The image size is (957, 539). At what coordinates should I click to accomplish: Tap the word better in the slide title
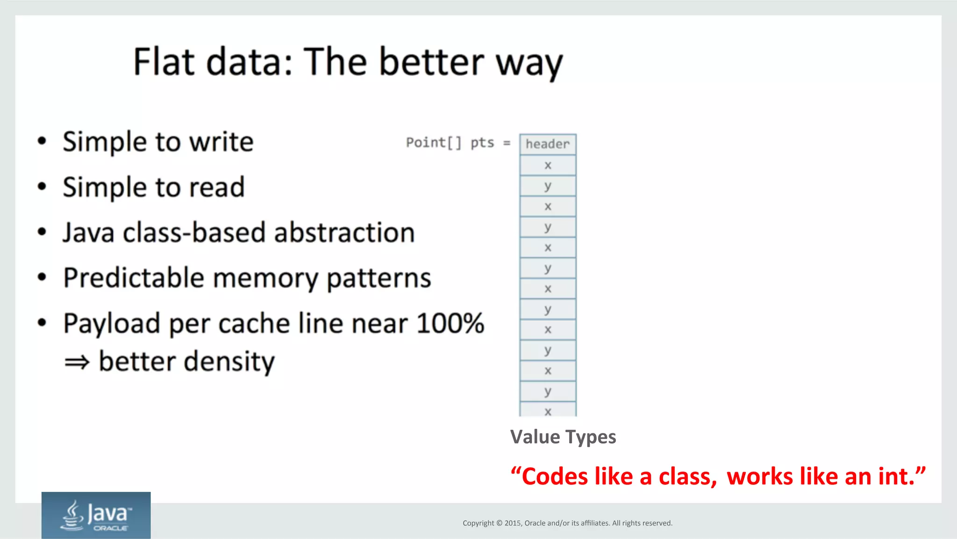tap(431, 62)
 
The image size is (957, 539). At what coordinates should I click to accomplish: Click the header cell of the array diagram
tap(548, 144)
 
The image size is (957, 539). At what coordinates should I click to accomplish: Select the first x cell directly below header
tap(548, 165)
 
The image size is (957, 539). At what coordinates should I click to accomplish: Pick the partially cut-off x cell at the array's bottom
tap(548, 411)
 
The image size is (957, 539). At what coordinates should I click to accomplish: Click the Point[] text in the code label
tap(433, 143)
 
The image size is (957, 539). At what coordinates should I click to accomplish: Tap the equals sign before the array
tap(507, 143)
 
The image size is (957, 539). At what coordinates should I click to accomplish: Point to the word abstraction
tap(344, 232)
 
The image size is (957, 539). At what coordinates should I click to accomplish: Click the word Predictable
tap(134, 278)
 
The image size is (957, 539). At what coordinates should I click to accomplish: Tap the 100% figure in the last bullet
tap(450, 323)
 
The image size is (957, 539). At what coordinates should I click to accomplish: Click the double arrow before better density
tap(77, 362)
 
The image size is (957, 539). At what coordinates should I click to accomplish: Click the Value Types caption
tap(563, 437)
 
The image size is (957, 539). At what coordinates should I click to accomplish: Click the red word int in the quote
tap(896, 476)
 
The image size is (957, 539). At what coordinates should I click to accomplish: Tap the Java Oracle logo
tap(96, 515)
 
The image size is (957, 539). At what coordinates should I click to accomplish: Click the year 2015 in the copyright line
tap(513, 523)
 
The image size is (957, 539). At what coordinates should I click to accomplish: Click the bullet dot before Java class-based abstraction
tap(42, 232)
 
